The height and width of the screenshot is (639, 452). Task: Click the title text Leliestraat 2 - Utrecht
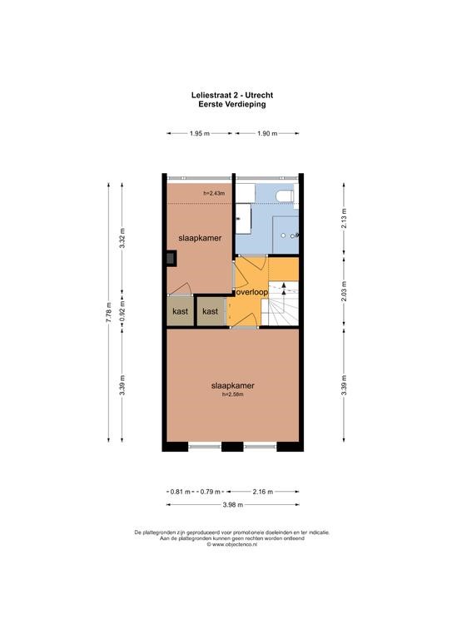point(232,95)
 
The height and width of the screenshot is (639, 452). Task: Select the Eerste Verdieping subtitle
point(232,104)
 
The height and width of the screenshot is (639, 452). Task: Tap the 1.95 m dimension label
point(199,133)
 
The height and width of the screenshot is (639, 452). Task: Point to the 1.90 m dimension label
point(267,133)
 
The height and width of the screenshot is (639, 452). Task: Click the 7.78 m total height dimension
point(109,313)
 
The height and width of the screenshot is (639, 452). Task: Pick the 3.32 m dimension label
point(122,239)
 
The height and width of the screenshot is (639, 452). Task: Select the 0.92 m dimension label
point(122,310)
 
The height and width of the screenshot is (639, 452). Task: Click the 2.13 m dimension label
point(344,218)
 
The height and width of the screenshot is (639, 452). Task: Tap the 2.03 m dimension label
point(344,292)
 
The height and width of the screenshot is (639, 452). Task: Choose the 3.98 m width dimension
point(233,504)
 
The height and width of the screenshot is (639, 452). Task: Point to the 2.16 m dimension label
point(263,492)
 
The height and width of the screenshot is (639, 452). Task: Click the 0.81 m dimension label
point(180,492)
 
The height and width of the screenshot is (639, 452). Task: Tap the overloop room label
point(252,292)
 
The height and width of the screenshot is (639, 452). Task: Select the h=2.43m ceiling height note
point(214,193)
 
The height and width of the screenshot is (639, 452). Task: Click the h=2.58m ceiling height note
point(232,394)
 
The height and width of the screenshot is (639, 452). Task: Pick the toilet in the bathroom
point(285,196)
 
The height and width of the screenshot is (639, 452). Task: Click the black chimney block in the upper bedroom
point(171,259)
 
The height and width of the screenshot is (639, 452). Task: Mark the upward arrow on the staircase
point(284,288)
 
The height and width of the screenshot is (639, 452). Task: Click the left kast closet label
point(180,311)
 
